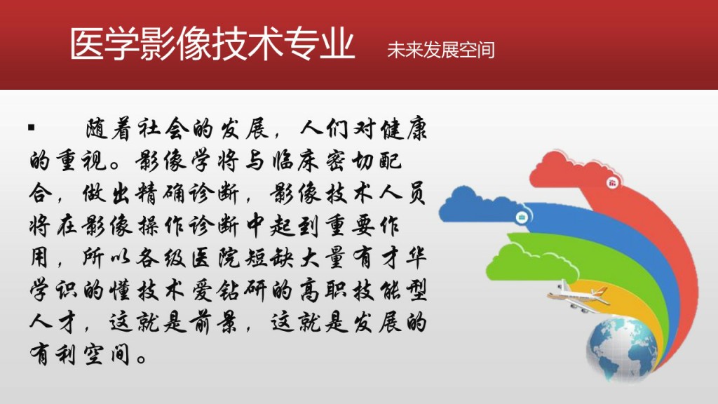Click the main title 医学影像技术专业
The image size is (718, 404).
tap(212, 43)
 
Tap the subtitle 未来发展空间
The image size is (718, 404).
tap(440, 50)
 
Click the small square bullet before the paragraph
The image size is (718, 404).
tap(31, 128)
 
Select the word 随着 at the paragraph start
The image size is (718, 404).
tap(109, 129)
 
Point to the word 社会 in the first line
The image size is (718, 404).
tap(163, 129)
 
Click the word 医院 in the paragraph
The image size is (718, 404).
tap(216, 258)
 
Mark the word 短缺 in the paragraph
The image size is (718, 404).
tap(269, 258)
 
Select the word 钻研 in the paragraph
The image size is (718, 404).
tap(242, 291)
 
